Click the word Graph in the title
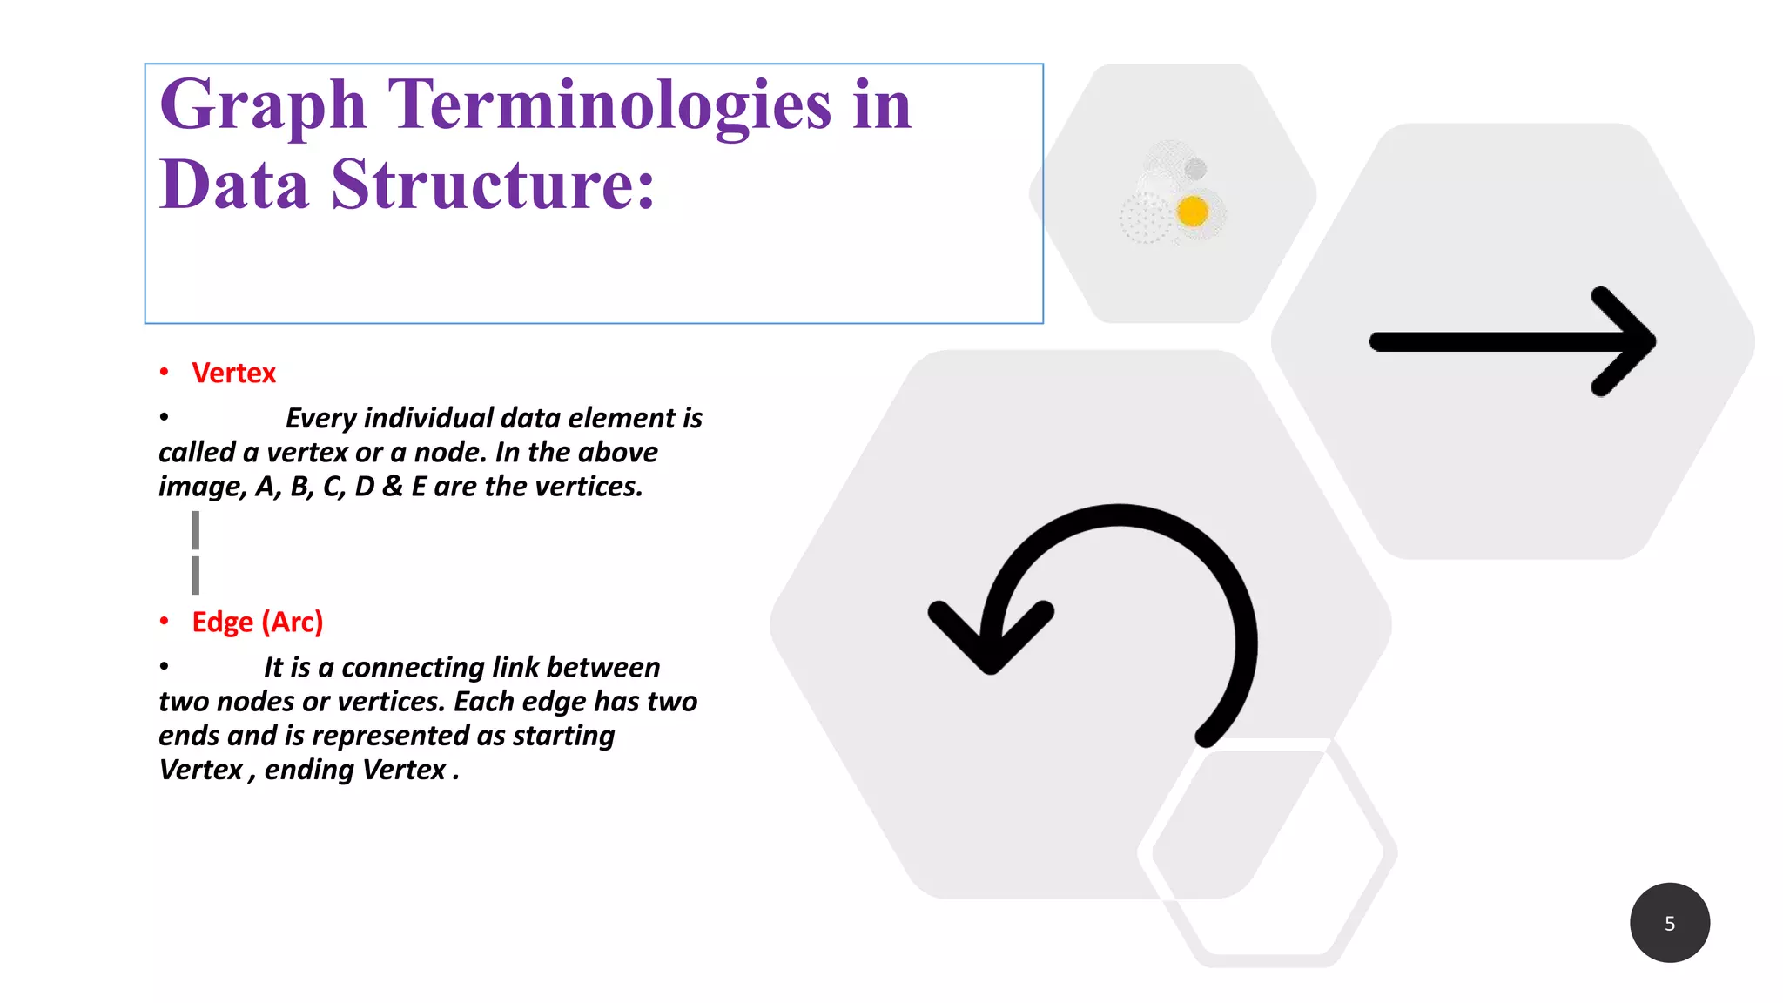click(262, 106)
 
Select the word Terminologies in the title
click(609, 106)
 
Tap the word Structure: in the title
click(493, 185)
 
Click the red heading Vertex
click(233, 373)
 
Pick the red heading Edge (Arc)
click(257, 622)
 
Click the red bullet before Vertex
click(164, 373)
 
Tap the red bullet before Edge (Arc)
click(164, 622)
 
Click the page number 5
click(1669, 923)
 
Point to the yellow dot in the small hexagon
click(1192, 211)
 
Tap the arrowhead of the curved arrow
click(991, 640)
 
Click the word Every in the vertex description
click(321, 419)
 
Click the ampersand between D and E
click(393, 487)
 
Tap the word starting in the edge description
click(563, 736)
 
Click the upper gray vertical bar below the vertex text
click(196, 530)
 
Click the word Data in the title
click(234, 185)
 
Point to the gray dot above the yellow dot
click(1195, 168)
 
